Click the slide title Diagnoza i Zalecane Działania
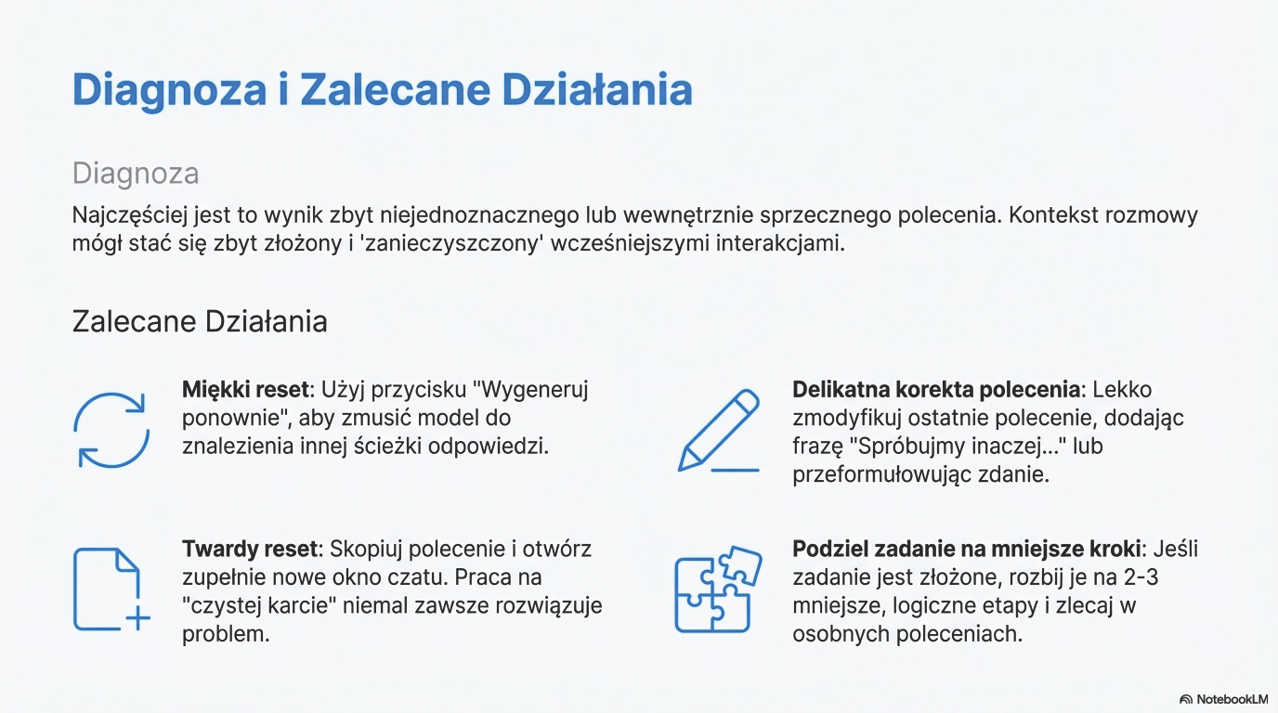click(x=383, y=90)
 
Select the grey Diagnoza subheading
click(x=136, y=174)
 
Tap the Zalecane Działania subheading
click(x=200, y=321)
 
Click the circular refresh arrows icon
click(x=111, y=430)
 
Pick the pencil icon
click(x=719, y=431)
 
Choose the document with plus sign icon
click(x=111, y=590)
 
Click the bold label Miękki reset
click(x=245, y=390)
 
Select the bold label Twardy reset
click(x=250, y=550)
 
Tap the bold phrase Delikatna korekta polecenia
click(x=936, y=390)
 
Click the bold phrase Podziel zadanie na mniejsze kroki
click(x=967, y=550)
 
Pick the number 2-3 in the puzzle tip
click(x=1141, y=577)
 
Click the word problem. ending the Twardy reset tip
click(x=226, y=634)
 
